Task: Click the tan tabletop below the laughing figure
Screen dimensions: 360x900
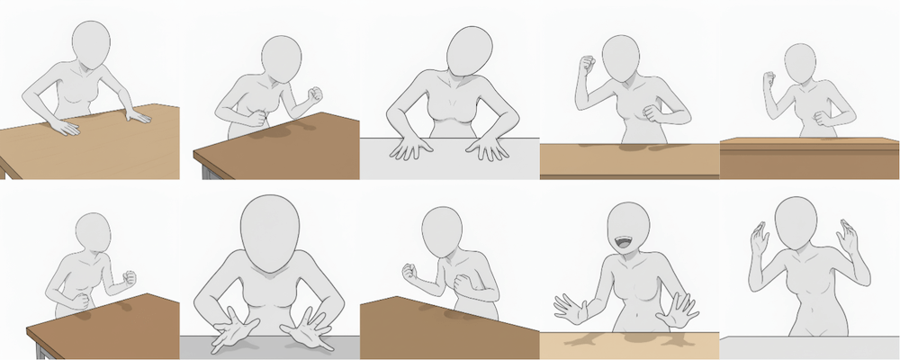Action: click(630, 346)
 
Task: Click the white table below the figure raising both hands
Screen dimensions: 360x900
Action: click(810, 349)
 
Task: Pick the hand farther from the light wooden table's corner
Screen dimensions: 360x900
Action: click(66, 128)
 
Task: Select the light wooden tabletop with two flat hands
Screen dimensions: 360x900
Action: click(90, 148)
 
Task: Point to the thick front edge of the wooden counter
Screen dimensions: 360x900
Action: click(810, 162)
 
